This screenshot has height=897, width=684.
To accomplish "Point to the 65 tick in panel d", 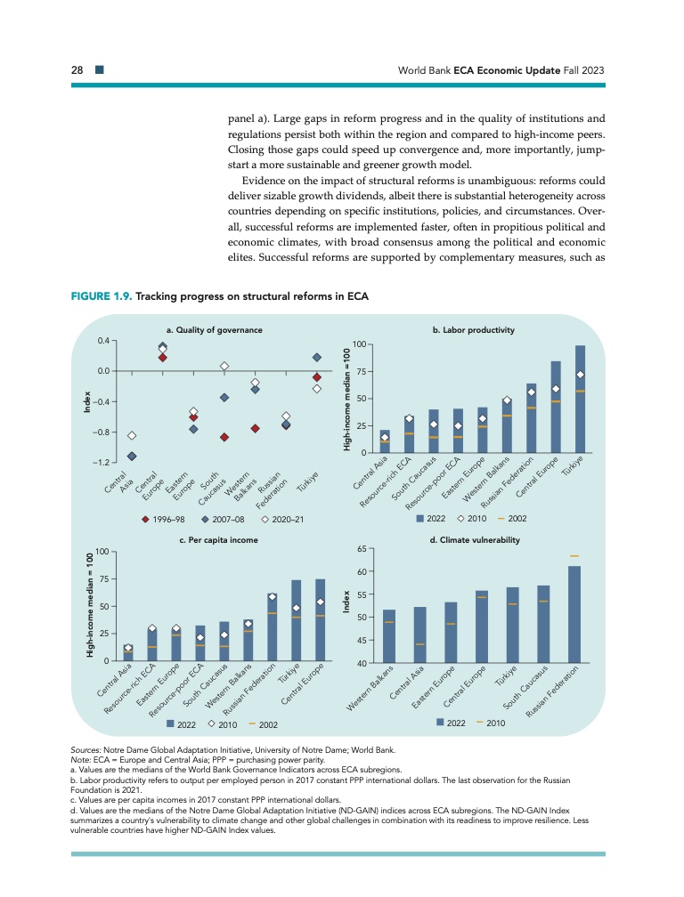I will (363, 549).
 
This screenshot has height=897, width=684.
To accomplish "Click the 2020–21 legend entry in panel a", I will (284, 518).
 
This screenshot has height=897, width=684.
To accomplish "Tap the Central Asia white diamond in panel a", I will (132, 435).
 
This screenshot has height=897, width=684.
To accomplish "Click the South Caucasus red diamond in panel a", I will (224, 437).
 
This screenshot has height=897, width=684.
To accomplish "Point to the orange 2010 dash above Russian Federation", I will (574, 556).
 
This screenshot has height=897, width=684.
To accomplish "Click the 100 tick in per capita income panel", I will (101, 552).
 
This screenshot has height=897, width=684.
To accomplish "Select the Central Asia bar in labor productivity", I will (384, 442).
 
